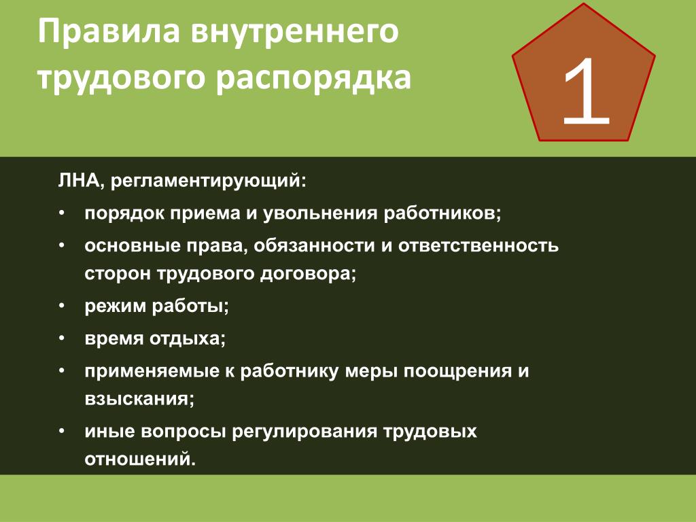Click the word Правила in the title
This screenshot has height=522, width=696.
pos(109,32)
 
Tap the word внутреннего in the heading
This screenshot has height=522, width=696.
pos(295,32)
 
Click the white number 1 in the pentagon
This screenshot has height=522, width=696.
pos(586,92)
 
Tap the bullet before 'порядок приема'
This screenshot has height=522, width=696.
pos(62,213)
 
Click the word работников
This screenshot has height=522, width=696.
pos(442,214)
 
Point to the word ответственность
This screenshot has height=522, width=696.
pos(478,246)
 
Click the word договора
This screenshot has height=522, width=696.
pos(308,274)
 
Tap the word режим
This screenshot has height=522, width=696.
pos(115,307)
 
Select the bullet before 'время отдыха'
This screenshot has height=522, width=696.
pos(62,338)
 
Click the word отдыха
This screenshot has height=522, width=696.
pos(188,339)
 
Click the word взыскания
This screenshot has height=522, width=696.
pos(139,398)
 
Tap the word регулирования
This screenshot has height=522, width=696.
pos(304,432)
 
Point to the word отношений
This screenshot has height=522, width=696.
pos(140,459)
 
